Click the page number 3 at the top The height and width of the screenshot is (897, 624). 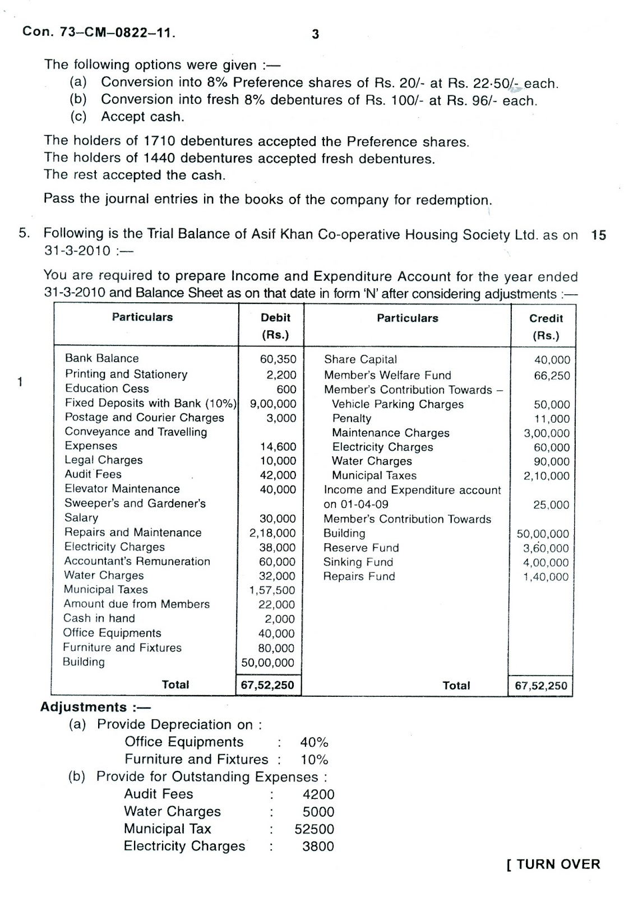coord(315,34)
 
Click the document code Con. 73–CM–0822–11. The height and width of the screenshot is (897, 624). coord(99,32)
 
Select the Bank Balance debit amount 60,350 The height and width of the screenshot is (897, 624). coord(278,359)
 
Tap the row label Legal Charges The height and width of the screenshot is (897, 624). coord(104,460)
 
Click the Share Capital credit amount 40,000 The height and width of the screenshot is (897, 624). coord(552,360)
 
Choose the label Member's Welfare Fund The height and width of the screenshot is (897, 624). coord(387,375)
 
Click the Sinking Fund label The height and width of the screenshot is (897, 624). coord(358,562)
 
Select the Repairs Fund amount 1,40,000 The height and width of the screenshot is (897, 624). coord(546,577)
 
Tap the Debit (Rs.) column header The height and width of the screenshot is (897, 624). coord(275,326)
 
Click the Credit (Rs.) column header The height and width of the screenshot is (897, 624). coord(546,326)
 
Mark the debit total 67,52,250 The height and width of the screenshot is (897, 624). coord(267,685)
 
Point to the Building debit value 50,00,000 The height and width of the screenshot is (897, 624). coord(267,663)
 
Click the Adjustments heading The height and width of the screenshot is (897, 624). coord(95,708)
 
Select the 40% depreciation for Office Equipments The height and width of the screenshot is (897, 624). coord(314,742)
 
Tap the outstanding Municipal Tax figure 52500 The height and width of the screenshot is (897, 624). coord(314,829)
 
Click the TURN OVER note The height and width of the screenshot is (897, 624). coord(553,864)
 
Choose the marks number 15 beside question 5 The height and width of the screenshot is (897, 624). coord(598,235)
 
